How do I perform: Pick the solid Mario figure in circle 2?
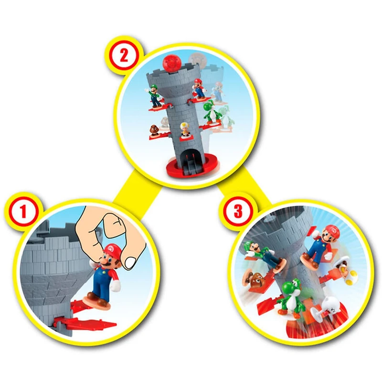click(x=199, y=89)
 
